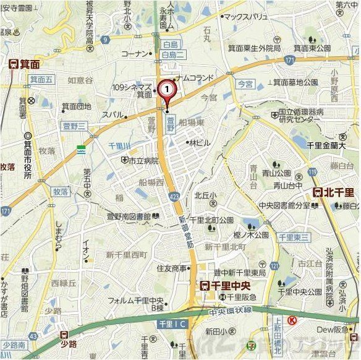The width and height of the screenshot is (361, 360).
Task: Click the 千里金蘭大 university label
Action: click(x=325, y=145)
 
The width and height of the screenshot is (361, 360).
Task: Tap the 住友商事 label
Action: click(x=171, y=268)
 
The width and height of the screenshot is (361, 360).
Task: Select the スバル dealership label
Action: click(x=113, y=114)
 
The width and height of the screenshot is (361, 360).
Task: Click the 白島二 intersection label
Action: click(x=169, y=56)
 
